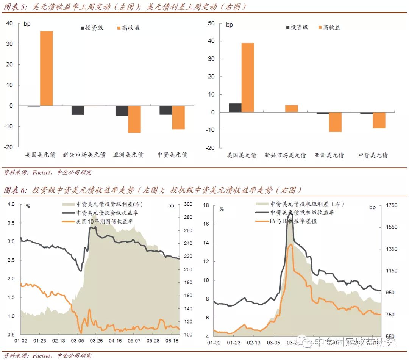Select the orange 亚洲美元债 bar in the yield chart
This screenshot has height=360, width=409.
click(134, 119)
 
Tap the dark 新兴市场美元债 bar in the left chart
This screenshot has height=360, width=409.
click(78, 110)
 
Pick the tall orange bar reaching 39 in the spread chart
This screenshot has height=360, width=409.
click(248, 77)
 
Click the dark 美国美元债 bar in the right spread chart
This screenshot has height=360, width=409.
click(235, 108)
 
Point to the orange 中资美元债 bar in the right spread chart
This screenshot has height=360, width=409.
click(379, 120)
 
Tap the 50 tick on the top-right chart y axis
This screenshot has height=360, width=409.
click(211, 23)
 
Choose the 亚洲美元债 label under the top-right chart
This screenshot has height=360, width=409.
click(329, 155)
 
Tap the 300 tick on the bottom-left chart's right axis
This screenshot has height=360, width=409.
click(188, 205)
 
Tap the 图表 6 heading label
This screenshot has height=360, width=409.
click(15, 190)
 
